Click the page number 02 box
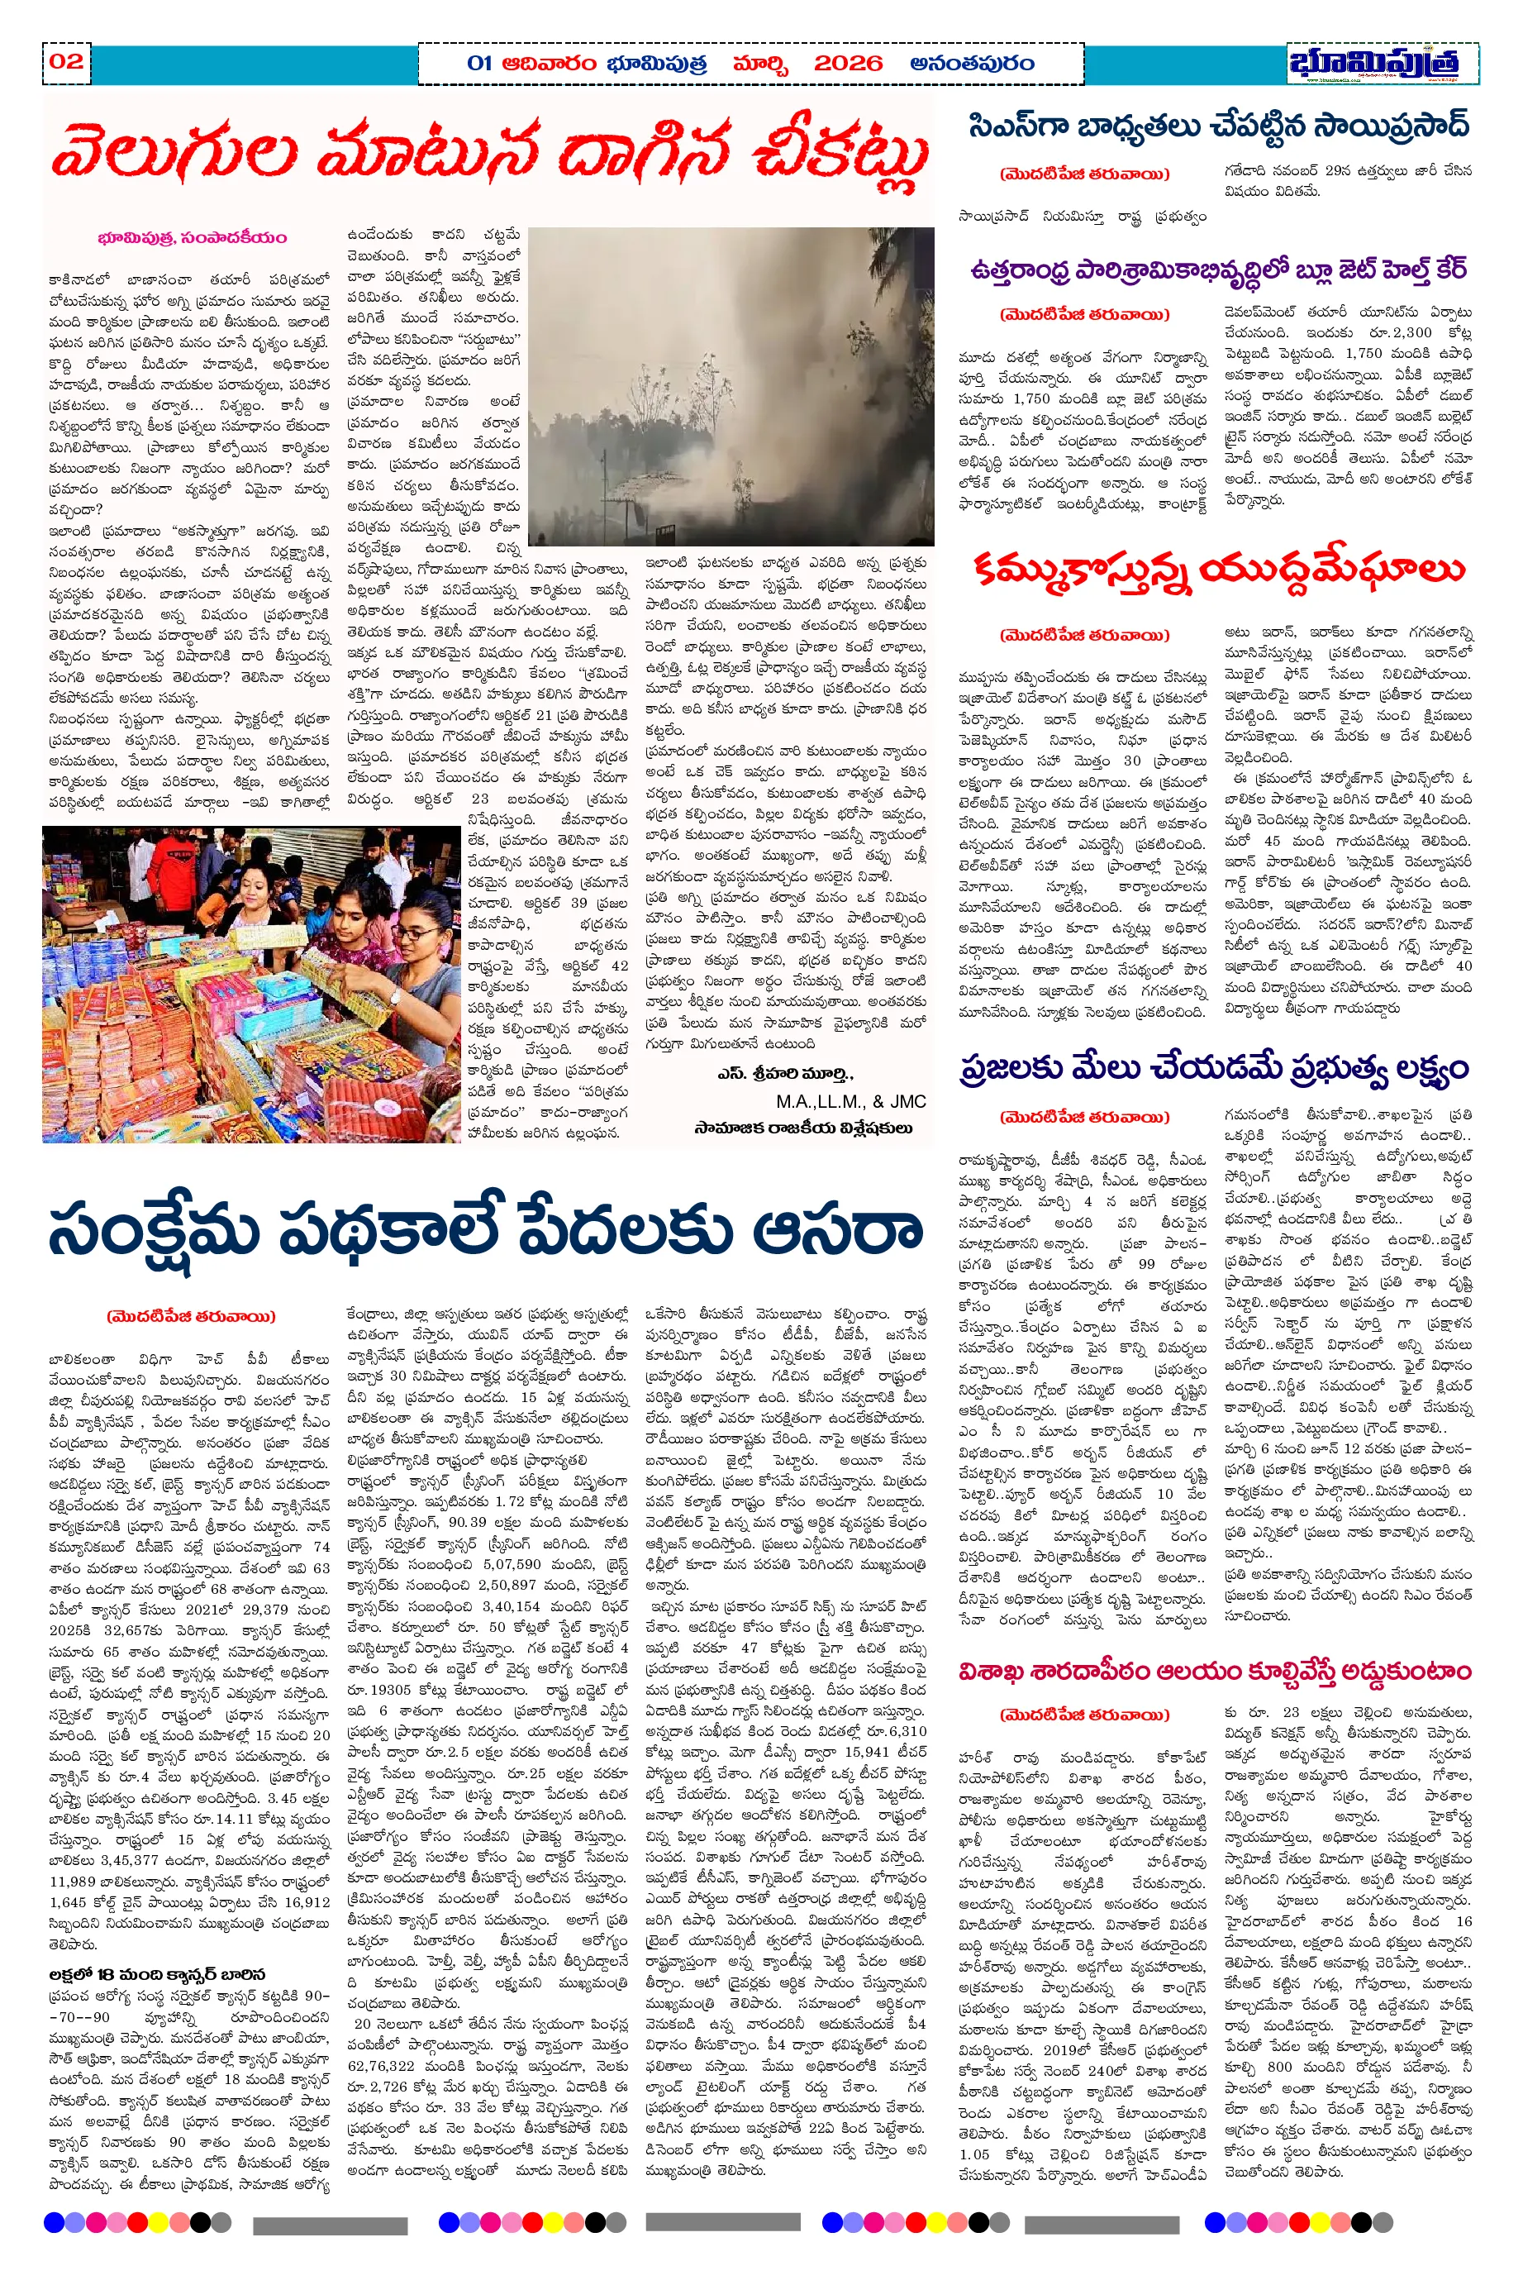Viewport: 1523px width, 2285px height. [67, 62]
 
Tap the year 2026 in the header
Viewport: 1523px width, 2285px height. [847, 64]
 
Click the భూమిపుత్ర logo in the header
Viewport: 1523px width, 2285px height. [1374, 63]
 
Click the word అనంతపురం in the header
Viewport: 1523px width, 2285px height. [971, 64]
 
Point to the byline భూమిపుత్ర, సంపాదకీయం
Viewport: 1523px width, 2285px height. [193, 238]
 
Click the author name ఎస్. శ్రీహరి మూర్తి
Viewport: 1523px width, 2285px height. [785, 1075]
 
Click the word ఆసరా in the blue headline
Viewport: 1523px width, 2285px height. [835, 1232]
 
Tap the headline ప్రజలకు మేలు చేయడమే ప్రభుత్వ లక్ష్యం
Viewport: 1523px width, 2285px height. [1213, 1068]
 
